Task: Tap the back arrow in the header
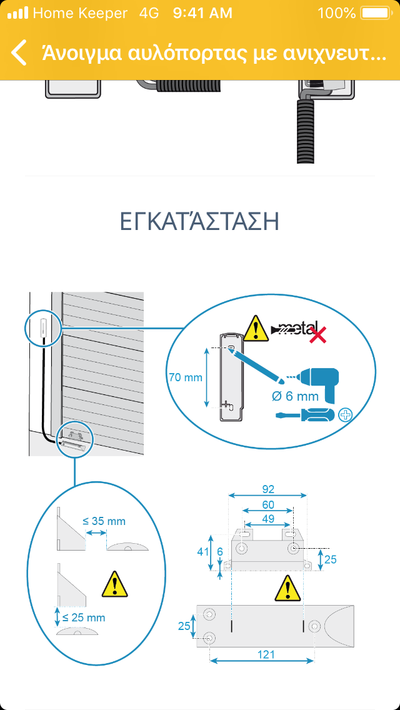(19, 53)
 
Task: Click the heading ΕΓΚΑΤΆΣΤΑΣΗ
(199, 222)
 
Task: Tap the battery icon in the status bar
(374, 12)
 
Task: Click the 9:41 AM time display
(202, 12)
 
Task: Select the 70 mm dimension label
(186, 377)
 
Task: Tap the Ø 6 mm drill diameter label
(296, 396)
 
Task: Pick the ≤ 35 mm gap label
(104, 521)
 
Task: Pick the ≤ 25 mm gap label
(84, 617)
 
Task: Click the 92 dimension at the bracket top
(268, 489)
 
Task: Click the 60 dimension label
(268, 504)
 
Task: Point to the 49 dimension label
(268, 518)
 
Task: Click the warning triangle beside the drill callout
(256, 329)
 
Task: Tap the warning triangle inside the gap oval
(114, 584)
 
